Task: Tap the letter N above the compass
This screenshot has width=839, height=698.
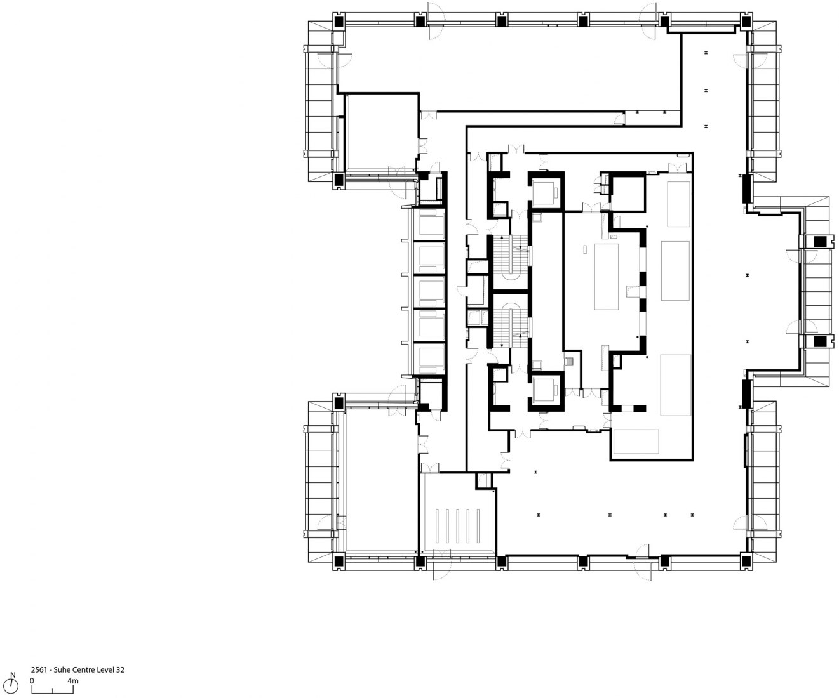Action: [13, 675]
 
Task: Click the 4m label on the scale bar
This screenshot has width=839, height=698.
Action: [73, 681]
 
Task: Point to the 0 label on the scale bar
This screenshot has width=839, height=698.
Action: [32, 681]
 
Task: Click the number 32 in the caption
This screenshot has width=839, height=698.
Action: [120, 669]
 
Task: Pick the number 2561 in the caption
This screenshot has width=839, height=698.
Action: [39, 669]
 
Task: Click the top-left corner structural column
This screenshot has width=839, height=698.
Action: [339, 20]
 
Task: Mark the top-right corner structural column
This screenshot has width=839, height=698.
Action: [746, 20]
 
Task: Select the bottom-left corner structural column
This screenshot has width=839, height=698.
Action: [339, 561]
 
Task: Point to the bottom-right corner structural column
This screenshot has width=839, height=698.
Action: [746, 561]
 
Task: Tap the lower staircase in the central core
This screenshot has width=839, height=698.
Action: [510, 320]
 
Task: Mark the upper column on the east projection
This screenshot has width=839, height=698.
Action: [820, 241]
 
